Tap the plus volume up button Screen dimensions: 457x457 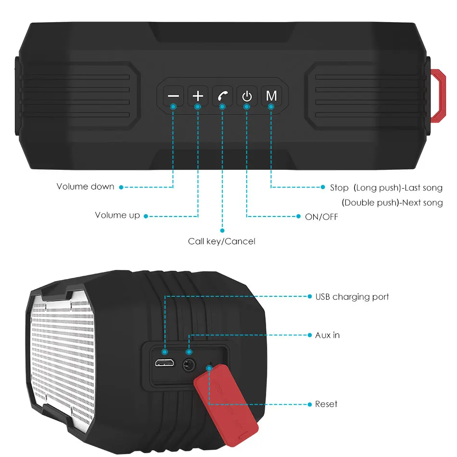[x=198, y=96]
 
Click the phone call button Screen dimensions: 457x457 [x=222, y=96]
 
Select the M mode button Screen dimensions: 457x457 [x=271, y=96]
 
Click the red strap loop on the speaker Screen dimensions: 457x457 [x=438, y=96]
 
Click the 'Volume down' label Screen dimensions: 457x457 [x=86, y=187]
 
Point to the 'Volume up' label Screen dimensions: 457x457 [x=117, y=216]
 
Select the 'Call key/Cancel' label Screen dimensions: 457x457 [x=221, y=241]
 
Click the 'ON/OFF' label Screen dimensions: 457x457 [x=321, y=217]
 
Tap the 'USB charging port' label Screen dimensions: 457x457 [x=352, y=297]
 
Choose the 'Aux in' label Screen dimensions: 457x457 [x=327, y=335]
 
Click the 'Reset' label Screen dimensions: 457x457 [x=326, y=404]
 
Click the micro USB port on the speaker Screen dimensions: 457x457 [x=165, y=363]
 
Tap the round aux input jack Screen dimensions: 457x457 [x=189, y=365]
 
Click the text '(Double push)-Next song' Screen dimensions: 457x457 [x=392, y=203]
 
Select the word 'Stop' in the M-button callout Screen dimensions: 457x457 [x=339, y=188]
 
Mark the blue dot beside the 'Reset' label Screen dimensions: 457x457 [x=310, y=404]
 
